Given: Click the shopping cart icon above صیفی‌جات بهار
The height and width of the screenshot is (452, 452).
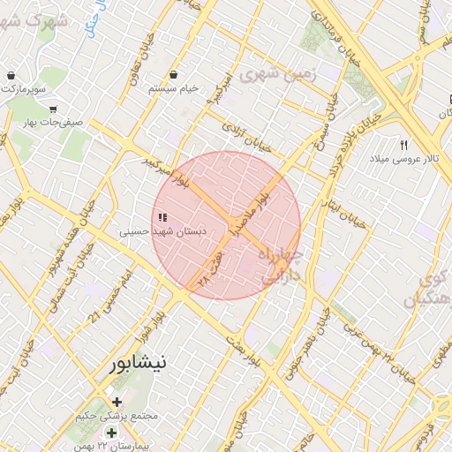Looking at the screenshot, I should (x=54, y=109).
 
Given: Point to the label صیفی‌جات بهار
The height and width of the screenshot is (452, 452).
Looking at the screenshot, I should (x=55, y=123).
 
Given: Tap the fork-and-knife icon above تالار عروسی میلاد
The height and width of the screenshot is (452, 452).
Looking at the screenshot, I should (x=403, y=144).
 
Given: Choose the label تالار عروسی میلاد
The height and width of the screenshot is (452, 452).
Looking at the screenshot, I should (x=403, y=159).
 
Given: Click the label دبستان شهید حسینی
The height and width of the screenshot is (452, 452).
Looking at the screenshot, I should (x=163, y=231).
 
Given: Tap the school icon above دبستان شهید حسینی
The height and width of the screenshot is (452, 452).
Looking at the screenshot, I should (x=162, y=217).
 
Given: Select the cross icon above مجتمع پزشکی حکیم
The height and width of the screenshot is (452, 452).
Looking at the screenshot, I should (x=117, y=402).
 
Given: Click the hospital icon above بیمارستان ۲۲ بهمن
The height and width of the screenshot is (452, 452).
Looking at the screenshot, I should (x=112, y=432).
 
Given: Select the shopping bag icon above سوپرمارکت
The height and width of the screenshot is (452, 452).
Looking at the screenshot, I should (x=10, y=75).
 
